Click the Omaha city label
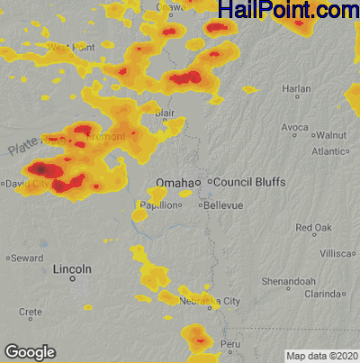pyautogui.click(x=174, y=183)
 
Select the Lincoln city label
pyautogui.click(x=72, y=269)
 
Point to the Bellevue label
pyautogui.click(x=223, y=205)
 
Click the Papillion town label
pyautogui.click(x=156, y=205)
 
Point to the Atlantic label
pyautogui.click(x=329, y=152)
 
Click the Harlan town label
pyautogui.click(x=296, y=89)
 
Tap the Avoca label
pyautogui.click(x=294, y=128)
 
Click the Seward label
pyautogui.click(x=27, y=258)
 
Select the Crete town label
pyautogui.click(x=31, y=312)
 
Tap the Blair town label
pyautogui.click(x=165, y=113)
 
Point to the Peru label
pyautogui.click(x=232, y=344)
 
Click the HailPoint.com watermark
pyautogui.click(x=288, y=11)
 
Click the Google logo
pyautogui.click(x=29, y=351)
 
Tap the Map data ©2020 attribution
pyautogui.click(x=321, y=356)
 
